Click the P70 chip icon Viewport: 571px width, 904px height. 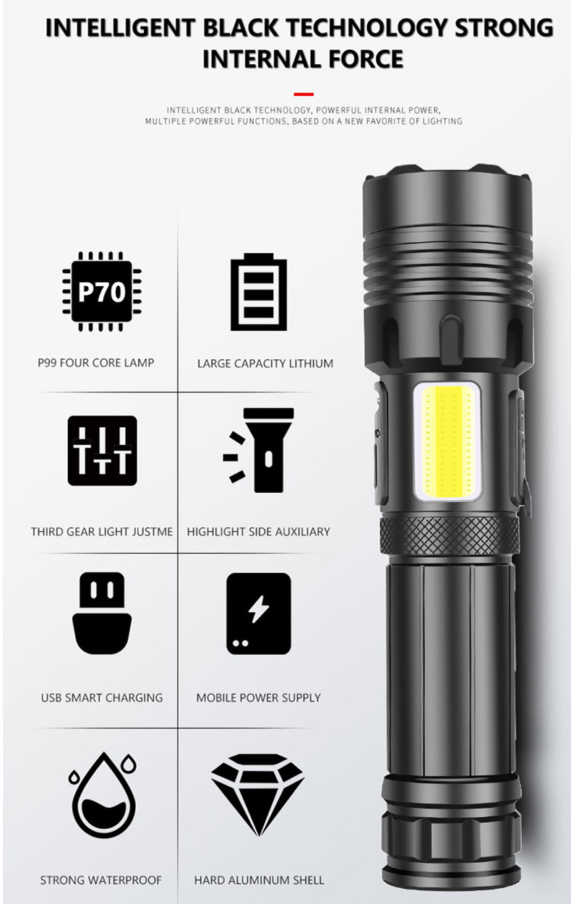point(102,291)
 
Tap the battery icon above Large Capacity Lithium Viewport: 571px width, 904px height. point(259,292)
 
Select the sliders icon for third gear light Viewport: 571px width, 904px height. point(102,450)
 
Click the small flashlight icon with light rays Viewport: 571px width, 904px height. point(258,450)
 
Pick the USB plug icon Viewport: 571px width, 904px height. point(102,613)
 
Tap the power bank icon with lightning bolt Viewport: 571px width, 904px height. point(259,614)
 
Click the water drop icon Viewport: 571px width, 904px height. point(103,795)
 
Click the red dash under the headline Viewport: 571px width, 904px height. point(304,94)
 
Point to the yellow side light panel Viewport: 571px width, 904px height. point(447,442)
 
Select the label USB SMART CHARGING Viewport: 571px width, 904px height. point(102,698)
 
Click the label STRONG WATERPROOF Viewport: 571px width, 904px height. point(101,880)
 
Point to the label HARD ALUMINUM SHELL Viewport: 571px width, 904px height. point(259,880)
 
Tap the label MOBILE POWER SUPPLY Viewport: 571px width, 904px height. point(258,698)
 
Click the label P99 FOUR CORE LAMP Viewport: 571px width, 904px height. point(96,363)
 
